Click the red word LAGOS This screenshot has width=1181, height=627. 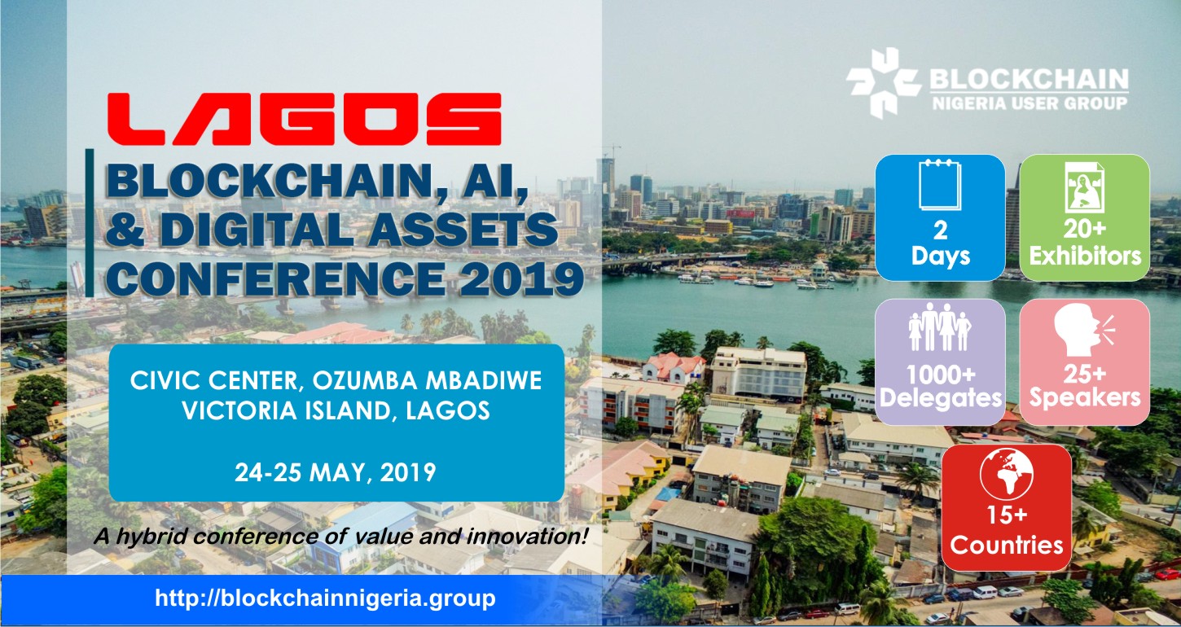coord(305,119)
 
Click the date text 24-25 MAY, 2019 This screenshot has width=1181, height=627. coord(336,472)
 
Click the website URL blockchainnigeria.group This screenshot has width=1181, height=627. coord(325,598)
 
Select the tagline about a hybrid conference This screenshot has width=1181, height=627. coord(340,537)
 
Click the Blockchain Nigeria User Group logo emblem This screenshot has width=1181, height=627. coord(884,82)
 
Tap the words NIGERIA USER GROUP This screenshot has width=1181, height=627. coord(1030,103)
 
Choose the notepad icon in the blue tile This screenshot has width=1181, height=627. coord(940,185)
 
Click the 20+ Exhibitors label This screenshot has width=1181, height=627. coord(1085,243)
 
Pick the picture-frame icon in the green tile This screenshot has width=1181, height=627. coord(1084,187)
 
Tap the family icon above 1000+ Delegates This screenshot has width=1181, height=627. coord(940,327)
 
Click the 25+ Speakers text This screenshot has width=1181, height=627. coord(1085,387)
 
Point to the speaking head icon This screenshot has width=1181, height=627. coord(1083,331)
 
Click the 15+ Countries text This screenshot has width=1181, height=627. coord(1007,532)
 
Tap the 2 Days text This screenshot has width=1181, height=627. coord(941,243)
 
